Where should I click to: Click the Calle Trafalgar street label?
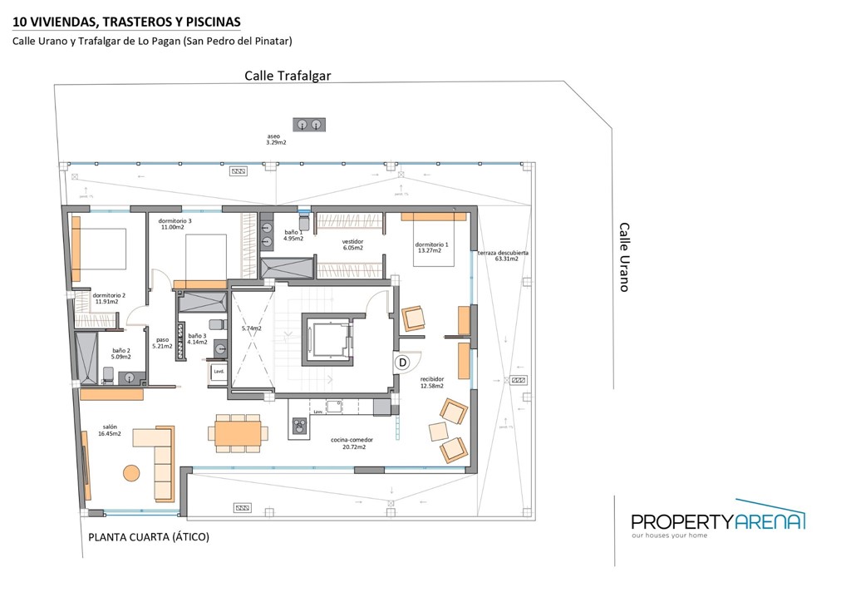[x=288, y=76]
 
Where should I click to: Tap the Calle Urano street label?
[x=624, y=256]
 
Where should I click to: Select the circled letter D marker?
[x=403, y=363]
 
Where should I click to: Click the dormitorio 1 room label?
[x=431, y=248]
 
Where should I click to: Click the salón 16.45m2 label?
[x=110, y=430]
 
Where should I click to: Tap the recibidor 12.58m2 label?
[x=431, y=382]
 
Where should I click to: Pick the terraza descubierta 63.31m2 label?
[x=503, y=255]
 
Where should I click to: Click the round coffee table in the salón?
[x=131, y=473]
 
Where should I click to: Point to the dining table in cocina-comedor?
[x=239, y=433]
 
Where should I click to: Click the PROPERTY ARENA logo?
[x=717, y=521]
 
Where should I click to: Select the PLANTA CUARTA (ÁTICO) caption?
[x=149, y=537]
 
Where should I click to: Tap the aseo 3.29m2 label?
[x=276, y=139]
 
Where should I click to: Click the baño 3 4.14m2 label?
[x=197, y=338]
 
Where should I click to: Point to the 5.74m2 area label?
[x=251, y=328]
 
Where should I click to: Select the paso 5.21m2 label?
[x=162, y=343]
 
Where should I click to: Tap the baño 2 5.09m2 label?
[x=121, y=353]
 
